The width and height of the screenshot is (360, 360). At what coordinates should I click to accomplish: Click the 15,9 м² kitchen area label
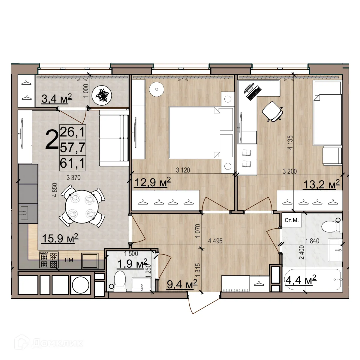(x=60, y=238)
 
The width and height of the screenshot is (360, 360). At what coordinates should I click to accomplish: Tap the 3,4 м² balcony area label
(x=57, y=98)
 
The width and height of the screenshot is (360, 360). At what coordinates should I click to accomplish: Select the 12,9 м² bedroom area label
(x=153, y=182)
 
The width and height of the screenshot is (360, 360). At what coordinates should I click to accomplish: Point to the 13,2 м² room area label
(x=322, y=184)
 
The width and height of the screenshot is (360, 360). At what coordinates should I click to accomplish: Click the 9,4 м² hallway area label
(x=182, y=284)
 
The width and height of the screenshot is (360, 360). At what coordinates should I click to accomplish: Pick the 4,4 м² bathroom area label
(x=301, y=280)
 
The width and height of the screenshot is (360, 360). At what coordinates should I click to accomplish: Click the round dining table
(x=82, y=207)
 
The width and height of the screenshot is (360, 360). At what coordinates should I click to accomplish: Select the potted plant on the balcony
(x=102, y=95)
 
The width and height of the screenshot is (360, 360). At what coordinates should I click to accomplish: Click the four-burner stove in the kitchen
(x=49, y=260)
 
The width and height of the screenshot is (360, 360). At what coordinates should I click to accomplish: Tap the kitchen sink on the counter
(x=24, y=213)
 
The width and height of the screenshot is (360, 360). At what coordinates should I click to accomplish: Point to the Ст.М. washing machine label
(x=292, y=220)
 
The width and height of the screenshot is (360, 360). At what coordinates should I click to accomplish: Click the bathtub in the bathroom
(x=312, y=280)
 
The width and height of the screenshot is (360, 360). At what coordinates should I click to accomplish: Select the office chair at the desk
(x=272, y=112)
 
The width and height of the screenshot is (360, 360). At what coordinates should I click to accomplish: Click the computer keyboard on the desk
(x=254, y=93)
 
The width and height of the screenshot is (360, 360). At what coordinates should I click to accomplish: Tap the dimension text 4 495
(x=215, y=241)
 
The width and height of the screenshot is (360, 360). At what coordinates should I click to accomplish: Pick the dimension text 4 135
(x=290, y=142)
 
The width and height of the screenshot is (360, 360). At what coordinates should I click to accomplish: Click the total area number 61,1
(x=73, y=163)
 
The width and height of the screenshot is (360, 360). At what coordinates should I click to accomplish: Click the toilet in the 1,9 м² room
(x=120, y=281)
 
